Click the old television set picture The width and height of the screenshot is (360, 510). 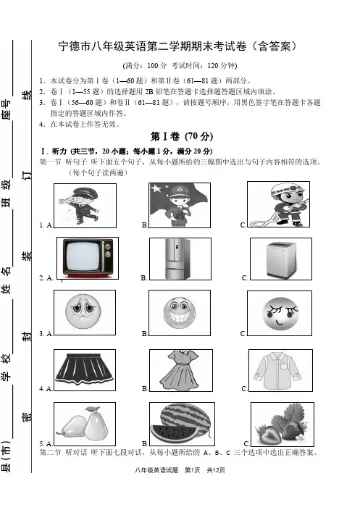pyautogui.click(x=88, y=258)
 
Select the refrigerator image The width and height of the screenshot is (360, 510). pyautogui.click(x=177, y=259)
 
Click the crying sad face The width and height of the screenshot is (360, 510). pyautogui.click(x=83, y=311)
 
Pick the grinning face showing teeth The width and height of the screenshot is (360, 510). pyautogui.click(x=180, y=312)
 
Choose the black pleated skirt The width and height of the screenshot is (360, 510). pyautogui.click(x=84, y=369)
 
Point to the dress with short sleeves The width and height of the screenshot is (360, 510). pyautogui.click(x=181, y=370)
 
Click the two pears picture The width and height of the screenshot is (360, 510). pyautogui.click(x=83, y=425)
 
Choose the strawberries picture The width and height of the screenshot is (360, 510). pyautogui.click(x=282, y=425)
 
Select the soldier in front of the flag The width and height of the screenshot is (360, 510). pyautogui.click(x=179, y=205)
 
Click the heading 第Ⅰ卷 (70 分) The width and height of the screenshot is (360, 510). pyautogui.click(x=182, y=136)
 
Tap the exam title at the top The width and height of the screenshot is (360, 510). pyautogui.click(x=177, y=46)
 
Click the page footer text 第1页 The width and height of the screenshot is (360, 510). pyautogui.click(x=192, y=470)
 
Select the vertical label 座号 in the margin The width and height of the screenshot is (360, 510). pyautogui.click(x=7, y=109)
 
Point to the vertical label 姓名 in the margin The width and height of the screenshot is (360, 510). pyautogui.click(x=7, y=280)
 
